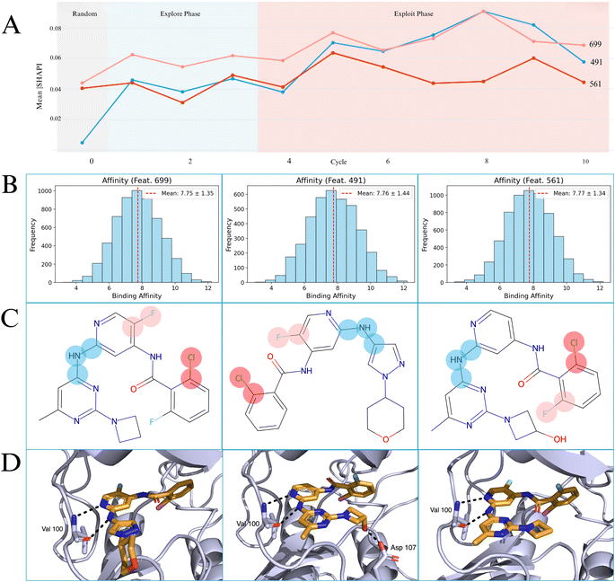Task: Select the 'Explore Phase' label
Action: tap(180, 15)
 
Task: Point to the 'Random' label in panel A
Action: tap(86, 15)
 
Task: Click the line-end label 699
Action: tap(594, 44)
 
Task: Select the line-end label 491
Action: tap(594, 62)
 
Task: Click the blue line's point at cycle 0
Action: tap(82, 143)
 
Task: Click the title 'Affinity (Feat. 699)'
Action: tap(125, 182)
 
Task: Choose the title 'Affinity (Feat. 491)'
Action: tap(320, 182)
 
